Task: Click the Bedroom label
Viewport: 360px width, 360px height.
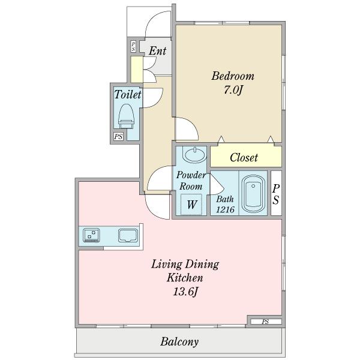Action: (x=233, y=76)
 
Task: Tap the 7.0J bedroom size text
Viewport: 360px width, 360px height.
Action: (x=233, y=90)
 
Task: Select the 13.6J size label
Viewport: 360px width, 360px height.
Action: (x=185, y=292)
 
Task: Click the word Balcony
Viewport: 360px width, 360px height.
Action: (x=179, y=341)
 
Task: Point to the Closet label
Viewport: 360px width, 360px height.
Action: (x=244, y=157)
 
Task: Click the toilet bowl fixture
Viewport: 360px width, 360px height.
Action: (x=126, y=116)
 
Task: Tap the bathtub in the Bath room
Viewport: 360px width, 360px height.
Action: (x=253, y=194)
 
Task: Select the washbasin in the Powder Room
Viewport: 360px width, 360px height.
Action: (x=194, y=155)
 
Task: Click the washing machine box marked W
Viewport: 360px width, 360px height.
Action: (x=191, y=204)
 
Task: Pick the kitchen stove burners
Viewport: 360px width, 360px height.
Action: (x=91, y=235)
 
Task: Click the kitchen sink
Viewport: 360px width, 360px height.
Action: (x=128, y=236)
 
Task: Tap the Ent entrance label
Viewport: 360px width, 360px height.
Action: (x=157, y=51)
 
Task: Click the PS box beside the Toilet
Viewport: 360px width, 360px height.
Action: (x=118, y=137)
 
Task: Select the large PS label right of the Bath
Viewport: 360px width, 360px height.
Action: (x=276, y=194)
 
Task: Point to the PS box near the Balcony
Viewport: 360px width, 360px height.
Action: (x=266, y=322)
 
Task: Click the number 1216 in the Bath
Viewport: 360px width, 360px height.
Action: (x=225, y=209)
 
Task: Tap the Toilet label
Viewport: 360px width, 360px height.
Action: (x=128, y=94)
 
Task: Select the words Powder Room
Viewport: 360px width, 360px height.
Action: (x=191, y=181)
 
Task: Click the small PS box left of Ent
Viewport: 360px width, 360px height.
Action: (x=133, y=46)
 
